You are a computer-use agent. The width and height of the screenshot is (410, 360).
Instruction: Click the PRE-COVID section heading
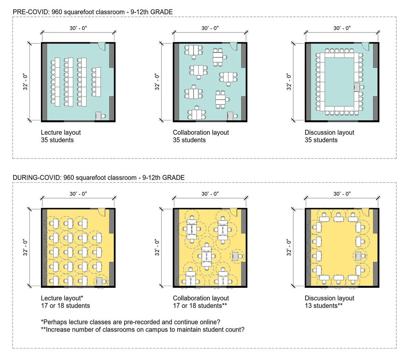coord(92,12)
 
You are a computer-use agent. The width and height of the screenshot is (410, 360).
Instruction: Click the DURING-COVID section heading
coord(98,177)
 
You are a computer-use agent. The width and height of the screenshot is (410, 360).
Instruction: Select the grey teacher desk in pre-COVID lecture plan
coord(98,115)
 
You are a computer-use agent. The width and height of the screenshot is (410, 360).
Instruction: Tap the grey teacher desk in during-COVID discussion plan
coord(358,256)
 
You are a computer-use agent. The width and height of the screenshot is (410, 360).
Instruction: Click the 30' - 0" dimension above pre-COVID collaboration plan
coord(210,28)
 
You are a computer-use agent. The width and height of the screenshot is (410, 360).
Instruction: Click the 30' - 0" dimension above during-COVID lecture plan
coord(78,194)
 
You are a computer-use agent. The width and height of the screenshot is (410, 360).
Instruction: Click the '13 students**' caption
coord(323,305)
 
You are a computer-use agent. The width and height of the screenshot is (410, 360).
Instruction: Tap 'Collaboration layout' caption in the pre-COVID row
coord(201,133)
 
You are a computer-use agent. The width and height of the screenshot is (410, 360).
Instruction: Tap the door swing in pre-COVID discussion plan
coord(366,46)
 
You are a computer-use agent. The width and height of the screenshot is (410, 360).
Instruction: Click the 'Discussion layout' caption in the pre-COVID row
coord(329,133)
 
